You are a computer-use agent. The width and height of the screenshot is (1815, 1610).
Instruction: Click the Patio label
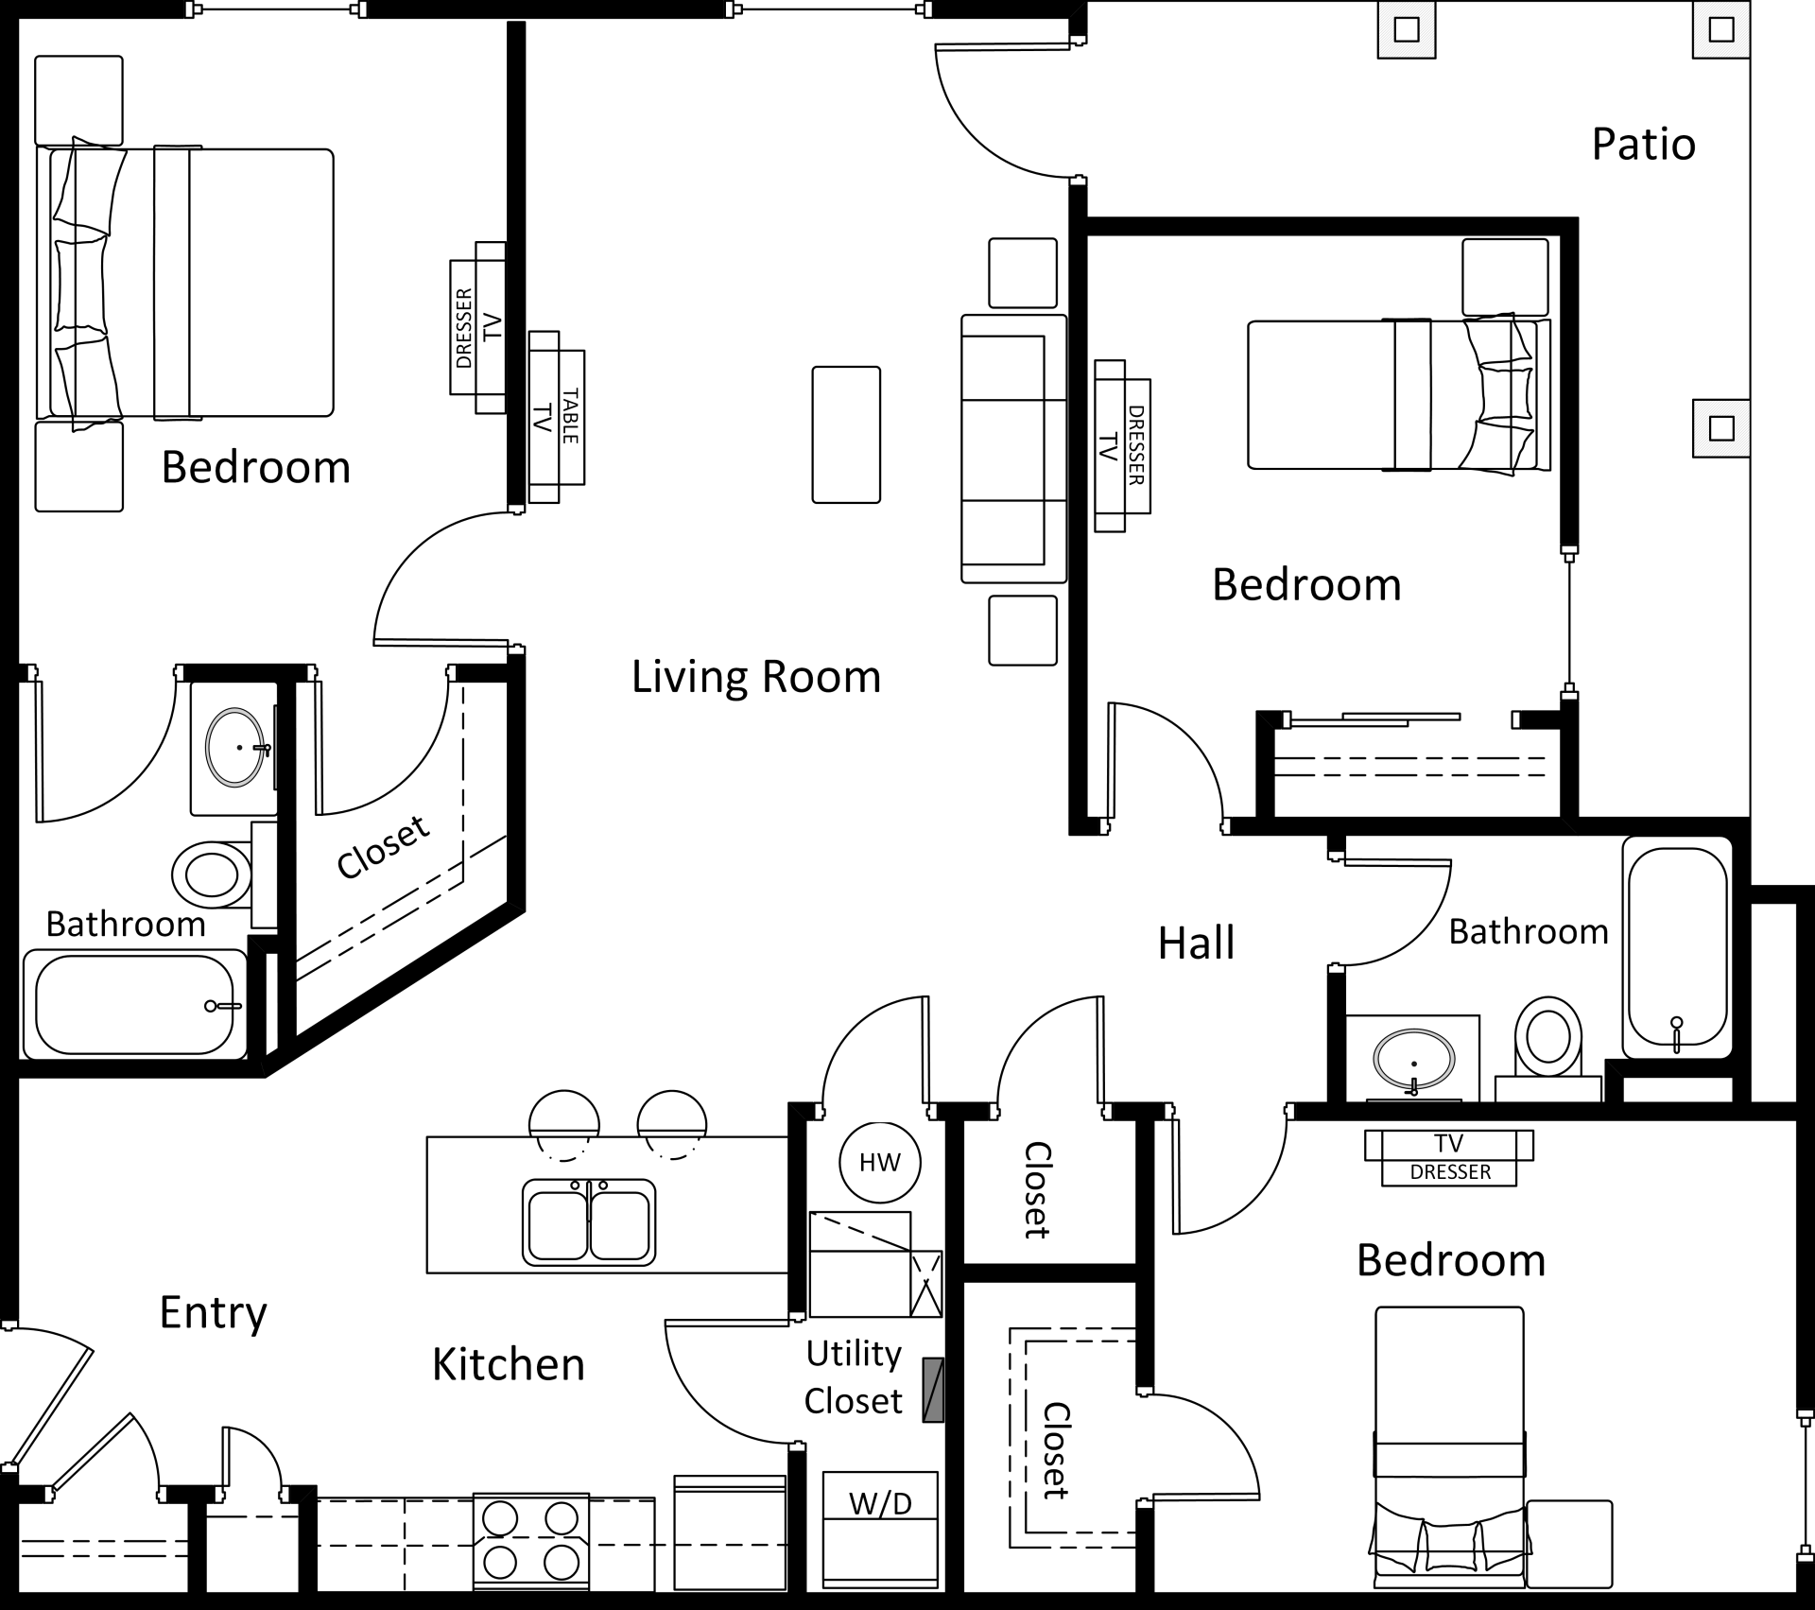click(1643, 145)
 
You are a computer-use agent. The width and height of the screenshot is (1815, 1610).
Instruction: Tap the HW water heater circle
click(879, 1162)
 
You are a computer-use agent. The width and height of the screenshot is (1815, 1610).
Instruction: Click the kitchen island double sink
click(589, 1221)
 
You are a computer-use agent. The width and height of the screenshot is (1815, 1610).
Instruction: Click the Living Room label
click(755, 677)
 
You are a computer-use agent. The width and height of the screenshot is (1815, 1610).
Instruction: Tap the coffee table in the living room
click(846, 435)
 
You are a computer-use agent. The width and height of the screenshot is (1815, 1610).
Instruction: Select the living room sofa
click(1012, 449)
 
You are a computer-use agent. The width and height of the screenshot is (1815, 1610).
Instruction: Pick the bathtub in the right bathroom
click(1676, 952)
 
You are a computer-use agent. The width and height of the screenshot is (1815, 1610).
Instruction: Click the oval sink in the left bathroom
click(235, 747)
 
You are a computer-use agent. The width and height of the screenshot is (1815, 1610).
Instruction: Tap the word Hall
click(1196, 943)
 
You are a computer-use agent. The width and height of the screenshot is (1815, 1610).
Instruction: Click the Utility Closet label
click(853, 1376)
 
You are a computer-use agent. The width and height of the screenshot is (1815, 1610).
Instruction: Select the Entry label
click(213, 1312)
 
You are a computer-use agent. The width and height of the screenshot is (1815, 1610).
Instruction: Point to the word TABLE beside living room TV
click(570, 416)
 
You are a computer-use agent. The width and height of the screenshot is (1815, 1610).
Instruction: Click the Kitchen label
click(508, 1364)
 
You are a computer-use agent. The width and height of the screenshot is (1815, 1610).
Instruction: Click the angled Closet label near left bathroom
click(383, 847)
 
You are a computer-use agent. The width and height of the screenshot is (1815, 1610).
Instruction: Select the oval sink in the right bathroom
click(1412, 1058)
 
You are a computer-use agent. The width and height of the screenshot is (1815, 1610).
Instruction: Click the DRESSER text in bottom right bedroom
click(1449, 1172)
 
